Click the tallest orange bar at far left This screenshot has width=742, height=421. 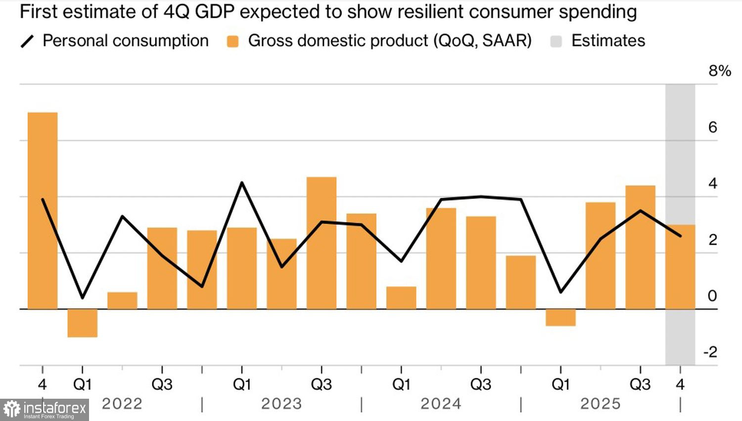43,210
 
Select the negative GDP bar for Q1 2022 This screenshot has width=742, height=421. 82,323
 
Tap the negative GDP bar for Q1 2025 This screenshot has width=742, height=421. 560,317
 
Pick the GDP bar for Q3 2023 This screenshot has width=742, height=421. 322,243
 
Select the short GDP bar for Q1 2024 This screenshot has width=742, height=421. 401,298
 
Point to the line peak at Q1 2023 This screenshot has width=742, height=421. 242,183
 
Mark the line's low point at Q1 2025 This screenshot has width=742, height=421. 560,292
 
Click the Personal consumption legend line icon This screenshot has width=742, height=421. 27,42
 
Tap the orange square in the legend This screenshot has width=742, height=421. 232,42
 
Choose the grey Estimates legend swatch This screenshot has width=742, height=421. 556,42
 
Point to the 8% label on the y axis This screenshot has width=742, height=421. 719,71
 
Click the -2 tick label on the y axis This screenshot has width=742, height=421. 710,352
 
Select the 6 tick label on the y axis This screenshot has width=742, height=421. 712,127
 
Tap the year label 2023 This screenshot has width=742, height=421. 281,404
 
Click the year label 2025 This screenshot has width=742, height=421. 600,404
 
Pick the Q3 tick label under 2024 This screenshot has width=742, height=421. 480,384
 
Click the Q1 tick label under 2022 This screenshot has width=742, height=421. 82,384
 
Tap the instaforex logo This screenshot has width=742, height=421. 45,410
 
